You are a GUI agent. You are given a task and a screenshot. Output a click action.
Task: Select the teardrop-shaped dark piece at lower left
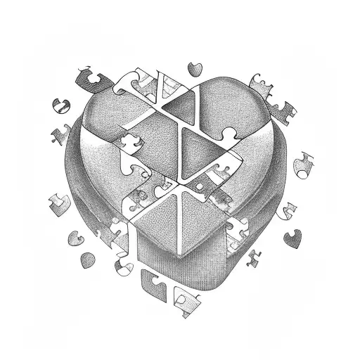tap(86, 261)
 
